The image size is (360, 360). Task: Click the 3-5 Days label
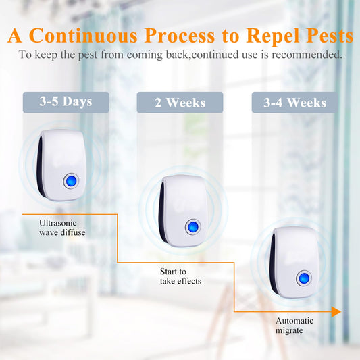[66, 102]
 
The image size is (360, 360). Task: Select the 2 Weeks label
[180, 103]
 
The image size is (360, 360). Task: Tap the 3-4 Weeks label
[294, 103]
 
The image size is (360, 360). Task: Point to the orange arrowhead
[335, 311]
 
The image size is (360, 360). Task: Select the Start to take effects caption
[180, 276]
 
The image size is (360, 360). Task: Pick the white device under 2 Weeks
[181, 209]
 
